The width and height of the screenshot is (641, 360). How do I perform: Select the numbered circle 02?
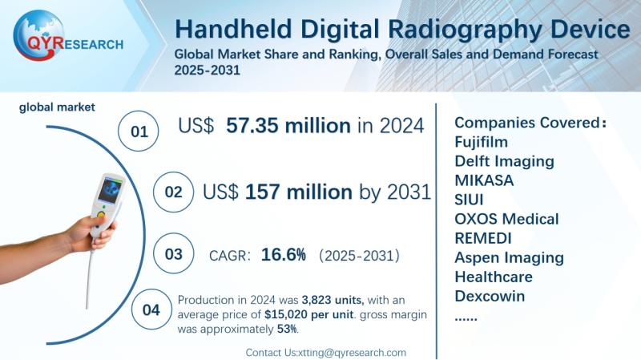pyautogui.click(x=173, y=193)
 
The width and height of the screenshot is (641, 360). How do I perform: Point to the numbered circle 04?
pyautogui.click(x=151, y=309)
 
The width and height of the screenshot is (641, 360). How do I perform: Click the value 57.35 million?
pyautogui.click(x=288, y=126)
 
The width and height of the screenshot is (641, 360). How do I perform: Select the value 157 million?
pyautogui.click(x=298, y=192)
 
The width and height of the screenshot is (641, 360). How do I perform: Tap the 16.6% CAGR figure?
pyautogui.click(x=283, y=255)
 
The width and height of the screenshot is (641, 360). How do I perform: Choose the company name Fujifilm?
pyautogui.click(x=482, y=142)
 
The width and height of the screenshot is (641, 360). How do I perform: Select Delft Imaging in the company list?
pyautogui.click(x=504, y=161)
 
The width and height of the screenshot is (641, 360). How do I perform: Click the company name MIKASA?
pyautogui.click(x=484, y=180)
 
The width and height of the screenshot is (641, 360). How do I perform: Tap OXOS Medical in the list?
pyautogui.click(x=506, y=219)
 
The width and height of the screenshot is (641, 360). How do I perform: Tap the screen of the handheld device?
pyautogui.click(x=111, y=188)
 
